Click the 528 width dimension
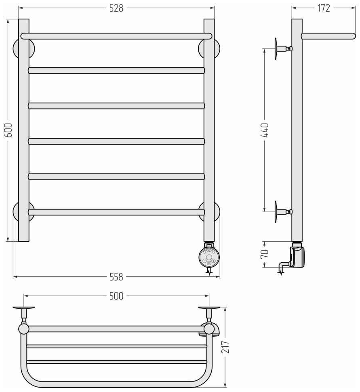116,8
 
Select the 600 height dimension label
8,130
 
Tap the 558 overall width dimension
116,277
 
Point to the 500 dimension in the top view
116,296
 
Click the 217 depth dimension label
225,346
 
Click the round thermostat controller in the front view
209,257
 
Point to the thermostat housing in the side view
298,257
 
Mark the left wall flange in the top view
24,308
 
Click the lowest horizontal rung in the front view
116,212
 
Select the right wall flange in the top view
209,308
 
